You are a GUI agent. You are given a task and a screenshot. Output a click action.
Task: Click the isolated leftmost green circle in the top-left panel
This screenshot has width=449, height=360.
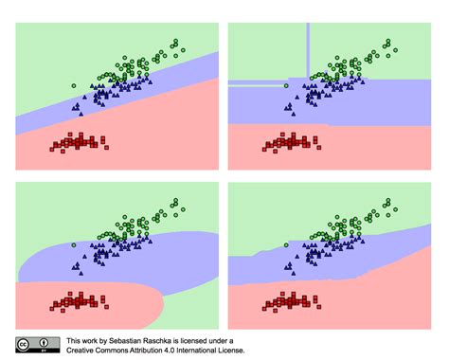(x=74, y=85)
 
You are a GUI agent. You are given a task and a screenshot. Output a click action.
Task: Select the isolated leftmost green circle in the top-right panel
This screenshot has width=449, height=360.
(x=287, y=85)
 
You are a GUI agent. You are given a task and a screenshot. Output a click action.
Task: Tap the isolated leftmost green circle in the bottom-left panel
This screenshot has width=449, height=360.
(x=74, y=245)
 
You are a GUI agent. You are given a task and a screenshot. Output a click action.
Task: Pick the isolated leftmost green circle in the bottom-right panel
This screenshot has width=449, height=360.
(x=287, y=245)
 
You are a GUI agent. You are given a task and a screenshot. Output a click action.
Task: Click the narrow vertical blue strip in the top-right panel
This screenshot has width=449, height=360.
(x=308, y=47)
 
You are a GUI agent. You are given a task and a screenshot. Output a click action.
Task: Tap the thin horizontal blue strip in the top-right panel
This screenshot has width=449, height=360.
(x=256, y=84)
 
